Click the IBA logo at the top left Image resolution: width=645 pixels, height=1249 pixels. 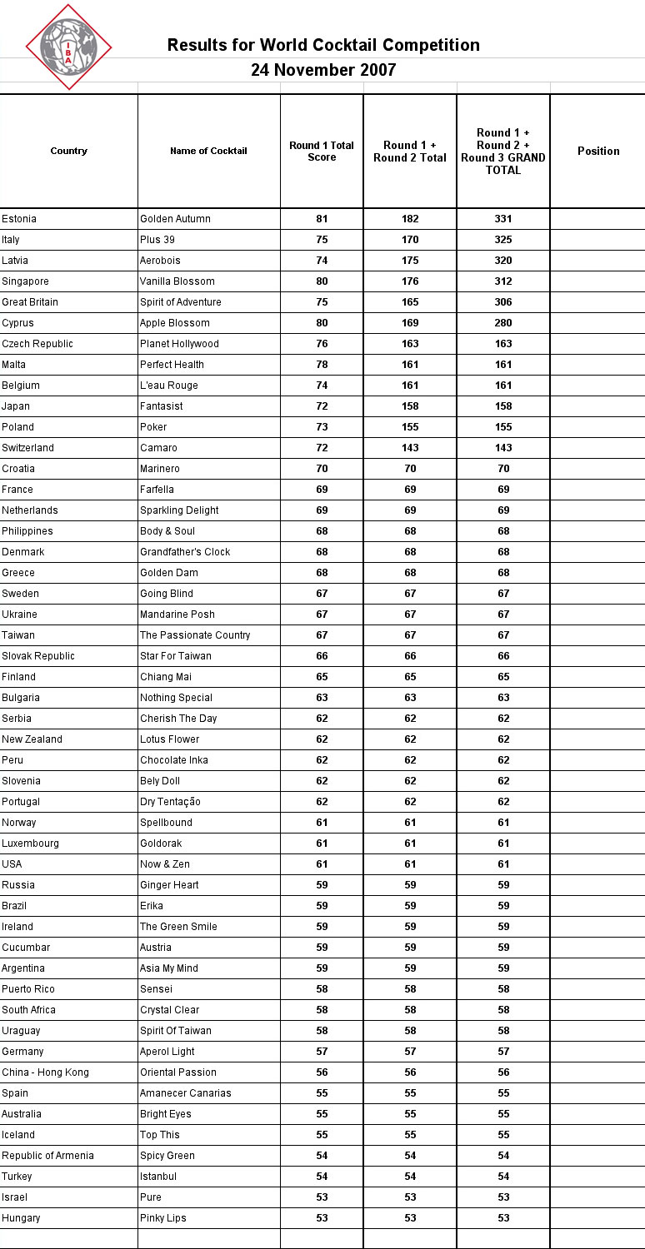pos(68,47)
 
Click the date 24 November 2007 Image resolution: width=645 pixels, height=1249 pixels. pos(323,70)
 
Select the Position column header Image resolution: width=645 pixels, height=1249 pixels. pos(597,151)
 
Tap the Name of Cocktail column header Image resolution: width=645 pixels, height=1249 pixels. pos(208,151)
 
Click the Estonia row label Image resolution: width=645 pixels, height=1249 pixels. pos(19,219)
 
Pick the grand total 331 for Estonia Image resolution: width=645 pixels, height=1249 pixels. pos(502,219)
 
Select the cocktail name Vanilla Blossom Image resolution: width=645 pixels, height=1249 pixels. pos(177,281)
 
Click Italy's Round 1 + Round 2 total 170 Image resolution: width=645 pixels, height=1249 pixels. pos(410,240)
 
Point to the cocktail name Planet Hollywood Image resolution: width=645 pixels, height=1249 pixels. pos(179,344)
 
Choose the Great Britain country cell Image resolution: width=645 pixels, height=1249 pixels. pos(30,302)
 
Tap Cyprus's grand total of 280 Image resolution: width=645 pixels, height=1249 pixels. pos(502,323)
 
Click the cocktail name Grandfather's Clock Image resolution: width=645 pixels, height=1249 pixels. pos(185,552)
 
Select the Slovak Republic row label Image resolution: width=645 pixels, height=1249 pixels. pos(38,656)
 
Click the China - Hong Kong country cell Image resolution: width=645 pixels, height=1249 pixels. pos(45,1072)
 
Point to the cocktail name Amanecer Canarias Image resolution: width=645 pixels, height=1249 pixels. pos(186,1093)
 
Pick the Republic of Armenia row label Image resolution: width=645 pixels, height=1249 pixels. pos(47,1156)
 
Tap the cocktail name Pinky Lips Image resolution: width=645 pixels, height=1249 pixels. pos(163,1218)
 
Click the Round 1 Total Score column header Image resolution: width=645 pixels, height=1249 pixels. pos(322,151)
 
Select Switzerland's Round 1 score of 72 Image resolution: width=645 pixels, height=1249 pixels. pos(322,448)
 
